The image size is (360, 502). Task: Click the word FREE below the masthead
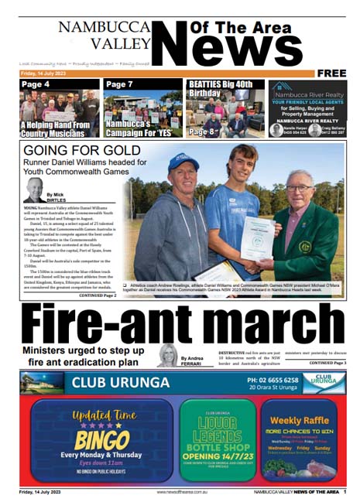(331, 73)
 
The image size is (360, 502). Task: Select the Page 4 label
(36, 84)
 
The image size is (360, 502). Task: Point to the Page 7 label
(120, 84)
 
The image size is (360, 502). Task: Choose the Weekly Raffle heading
(298, 418)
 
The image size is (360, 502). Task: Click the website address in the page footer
(180, 491)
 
